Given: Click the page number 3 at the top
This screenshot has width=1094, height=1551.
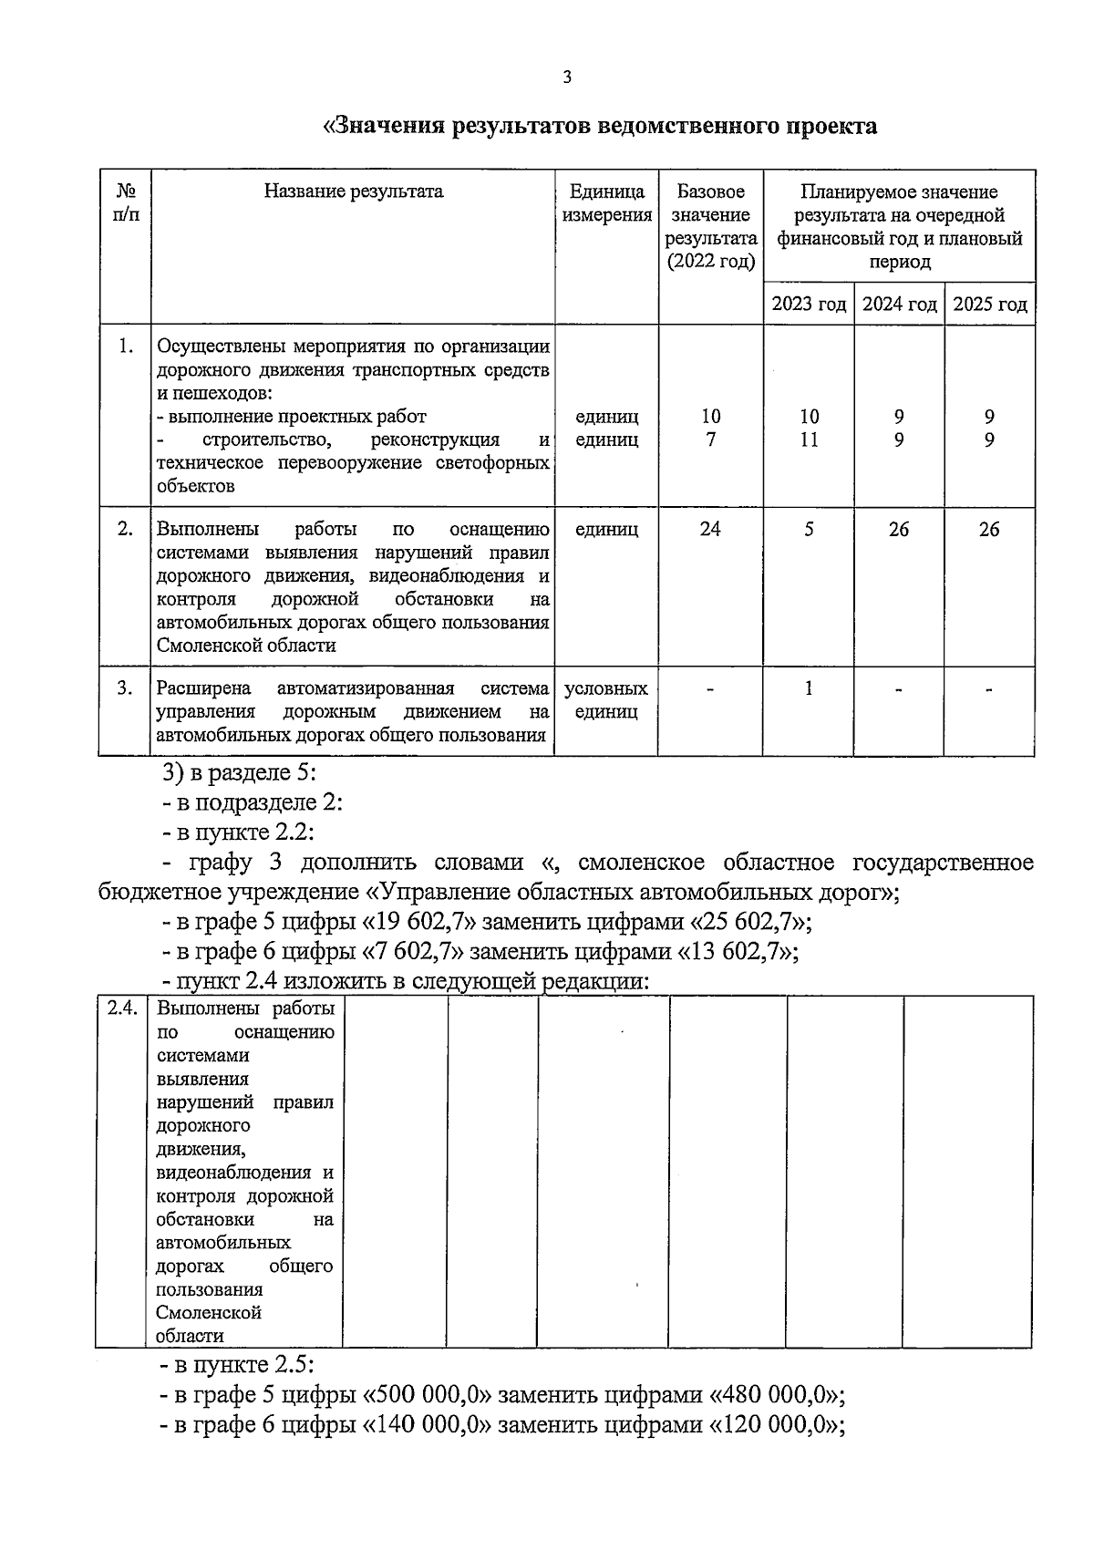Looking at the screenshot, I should coord(567,78).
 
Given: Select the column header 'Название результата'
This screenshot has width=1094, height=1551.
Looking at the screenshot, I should coord(354,191).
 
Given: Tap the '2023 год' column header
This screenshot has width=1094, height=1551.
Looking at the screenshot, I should coord(809,305).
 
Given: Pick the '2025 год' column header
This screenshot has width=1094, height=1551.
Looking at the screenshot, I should coord(989,305).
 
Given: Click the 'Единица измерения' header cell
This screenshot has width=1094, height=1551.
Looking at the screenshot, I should coord(606,203).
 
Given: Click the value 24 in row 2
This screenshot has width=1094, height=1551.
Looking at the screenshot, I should coord(710,530).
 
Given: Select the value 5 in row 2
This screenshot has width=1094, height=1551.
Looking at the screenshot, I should coord(809,530).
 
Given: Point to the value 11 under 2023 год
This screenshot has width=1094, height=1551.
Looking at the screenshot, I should coord(809,440).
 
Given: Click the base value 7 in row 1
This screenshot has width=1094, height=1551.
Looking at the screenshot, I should coord(710,440).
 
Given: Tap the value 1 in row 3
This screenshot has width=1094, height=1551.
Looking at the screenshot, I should coord(809,688).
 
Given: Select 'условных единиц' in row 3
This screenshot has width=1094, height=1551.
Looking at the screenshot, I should coord(606,700).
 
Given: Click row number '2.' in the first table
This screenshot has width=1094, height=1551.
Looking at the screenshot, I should coord(126,530).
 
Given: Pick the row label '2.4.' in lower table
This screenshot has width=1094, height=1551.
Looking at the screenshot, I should coord(121,1008).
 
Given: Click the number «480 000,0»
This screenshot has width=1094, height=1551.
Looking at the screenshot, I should coord(771,1395).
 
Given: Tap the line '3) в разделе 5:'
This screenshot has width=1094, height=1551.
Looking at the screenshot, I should coord(239,773).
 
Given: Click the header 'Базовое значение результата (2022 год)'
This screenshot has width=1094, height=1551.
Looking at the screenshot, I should coord(710,226).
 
